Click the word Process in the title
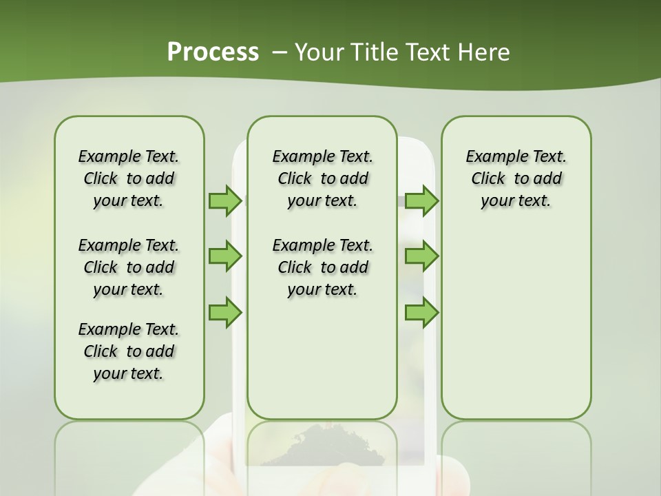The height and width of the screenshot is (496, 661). tap(213, 52)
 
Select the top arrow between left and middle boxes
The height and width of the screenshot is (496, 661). tap(225, 200)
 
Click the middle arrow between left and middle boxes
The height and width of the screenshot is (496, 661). tap(225, 257)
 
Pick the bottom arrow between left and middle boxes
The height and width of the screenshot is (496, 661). tap(225, 313)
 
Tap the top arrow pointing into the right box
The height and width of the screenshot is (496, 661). tap(421, 200)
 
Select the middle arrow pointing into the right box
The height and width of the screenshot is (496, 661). tap(421, 257)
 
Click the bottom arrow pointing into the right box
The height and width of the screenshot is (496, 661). tap(421, 313)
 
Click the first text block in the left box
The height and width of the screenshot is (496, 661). tap(129, 178)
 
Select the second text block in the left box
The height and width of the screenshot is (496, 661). tap(129, 267)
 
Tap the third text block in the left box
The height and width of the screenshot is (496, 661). tap(129, 351)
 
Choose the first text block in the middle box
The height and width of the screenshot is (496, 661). tap(322, 178)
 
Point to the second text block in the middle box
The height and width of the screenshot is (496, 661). tap(322, 267)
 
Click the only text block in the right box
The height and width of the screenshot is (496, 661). tap(516, 178)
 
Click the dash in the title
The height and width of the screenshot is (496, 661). tap(280, 52)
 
